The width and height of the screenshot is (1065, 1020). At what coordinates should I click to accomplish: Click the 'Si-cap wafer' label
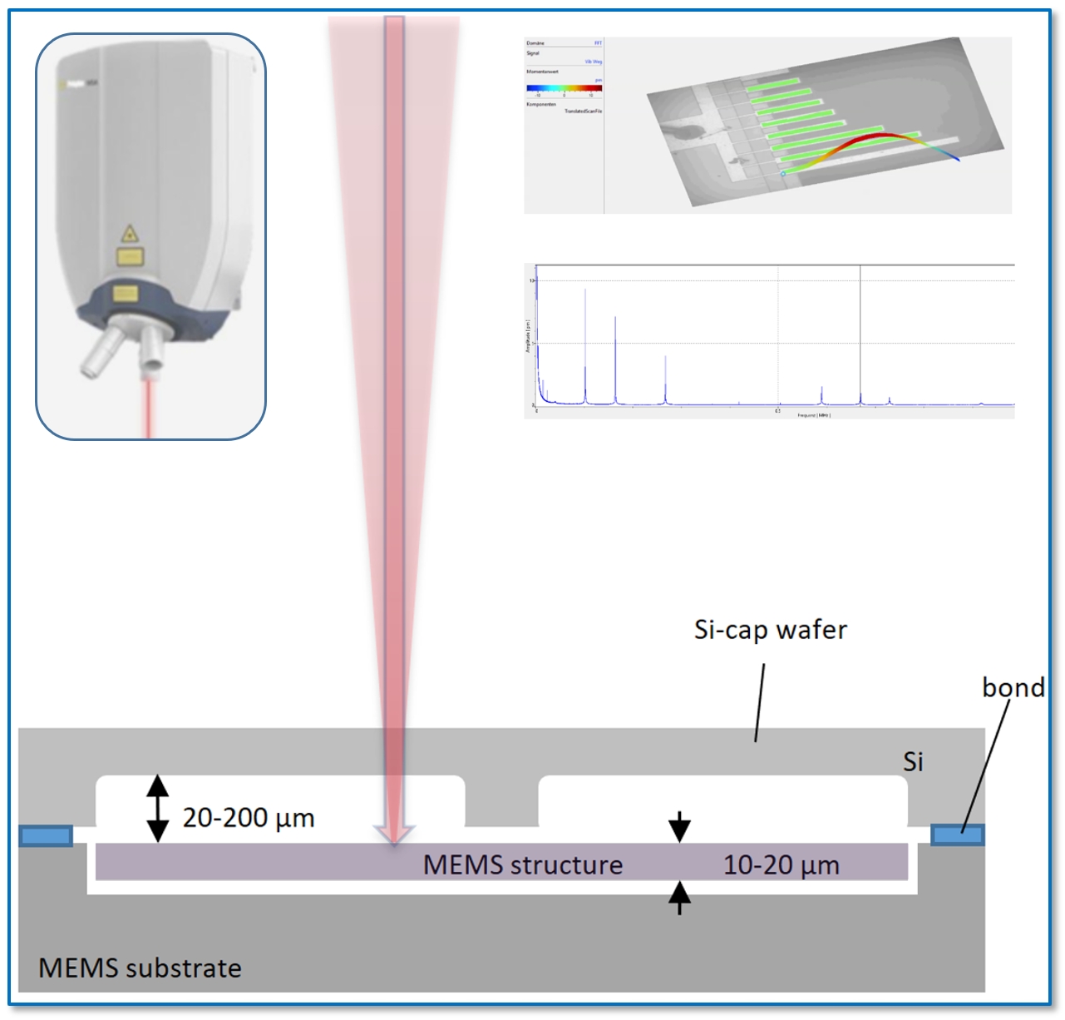pyautogui.click(x=770, y=630)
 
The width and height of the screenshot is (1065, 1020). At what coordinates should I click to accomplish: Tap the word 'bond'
pyautogui.click(x=1013, y=687)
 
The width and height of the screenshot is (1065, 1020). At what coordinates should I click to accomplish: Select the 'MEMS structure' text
pyautogui.click(x=522, y=864)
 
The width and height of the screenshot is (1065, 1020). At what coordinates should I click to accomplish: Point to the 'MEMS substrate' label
pyautogui.click(x=140, y=968)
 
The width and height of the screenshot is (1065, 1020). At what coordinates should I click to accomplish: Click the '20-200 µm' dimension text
pyautogui.click(x=249, y=818)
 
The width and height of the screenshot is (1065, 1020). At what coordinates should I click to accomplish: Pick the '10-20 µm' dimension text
pyautogui.click(x=781, y=865)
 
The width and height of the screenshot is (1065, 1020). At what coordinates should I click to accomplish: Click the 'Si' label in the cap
pyautogui.click(x=913, y=761)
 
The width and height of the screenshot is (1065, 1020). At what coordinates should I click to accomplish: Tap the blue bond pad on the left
pyautogui.click(x=46, y=835)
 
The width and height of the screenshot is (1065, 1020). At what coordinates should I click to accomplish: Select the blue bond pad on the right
pyautogui.click(x=957, y=834)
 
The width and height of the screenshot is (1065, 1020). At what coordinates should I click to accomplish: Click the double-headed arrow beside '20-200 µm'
pyautogui.click(x=158, y=809)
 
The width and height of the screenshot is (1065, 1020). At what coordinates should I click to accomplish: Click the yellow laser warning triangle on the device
pyautogui.click(x=129, y=233)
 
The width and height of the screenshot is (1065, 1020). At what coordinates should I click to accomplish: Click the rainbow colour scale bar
pyautogui.click(x=564, y=87)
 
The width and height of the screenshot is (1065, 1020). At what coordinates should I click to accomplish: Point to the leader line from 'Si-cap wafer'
pyautogui.click(x=760, y=702)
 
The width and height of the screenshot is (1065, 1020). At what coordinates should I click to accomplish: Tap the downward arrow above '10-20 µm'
pyautogui.click(x=679, y=826)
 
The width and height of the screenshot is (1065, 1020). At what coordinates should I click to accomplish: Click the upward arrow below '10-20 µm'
pyautogui.click(x=679, y=898)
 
